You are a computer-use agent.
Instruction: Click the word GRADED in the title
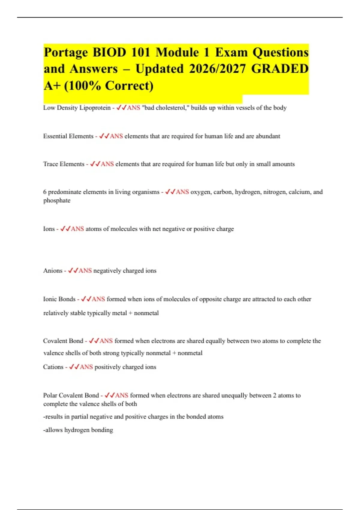(280, 69)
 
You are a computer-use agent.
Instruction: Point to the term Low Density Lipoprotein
(77, 108)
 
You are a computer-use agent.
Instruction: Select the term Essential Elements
(68, 136)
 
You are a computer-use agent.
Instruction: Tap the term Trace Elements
(64, 164)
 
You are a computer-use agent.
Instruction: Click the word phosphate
(57, 200)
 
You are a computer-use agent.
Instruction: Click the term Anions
(53, 271)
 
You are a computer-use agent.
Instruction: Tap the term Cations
(53, 367)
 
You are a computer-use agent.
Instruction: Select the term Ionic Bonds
(59, 299)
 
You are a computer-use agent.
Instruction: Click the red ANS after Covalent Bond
(106, 341)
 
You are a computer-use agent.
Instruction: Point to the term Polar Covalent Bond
(71, 395)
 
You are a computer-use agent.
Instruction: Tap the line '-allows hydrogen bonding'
(78, 430)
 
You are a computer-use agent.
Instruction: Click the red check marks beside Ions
(65, 229)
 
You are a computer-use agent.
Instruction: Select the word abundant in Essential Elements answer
(268, 136)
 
